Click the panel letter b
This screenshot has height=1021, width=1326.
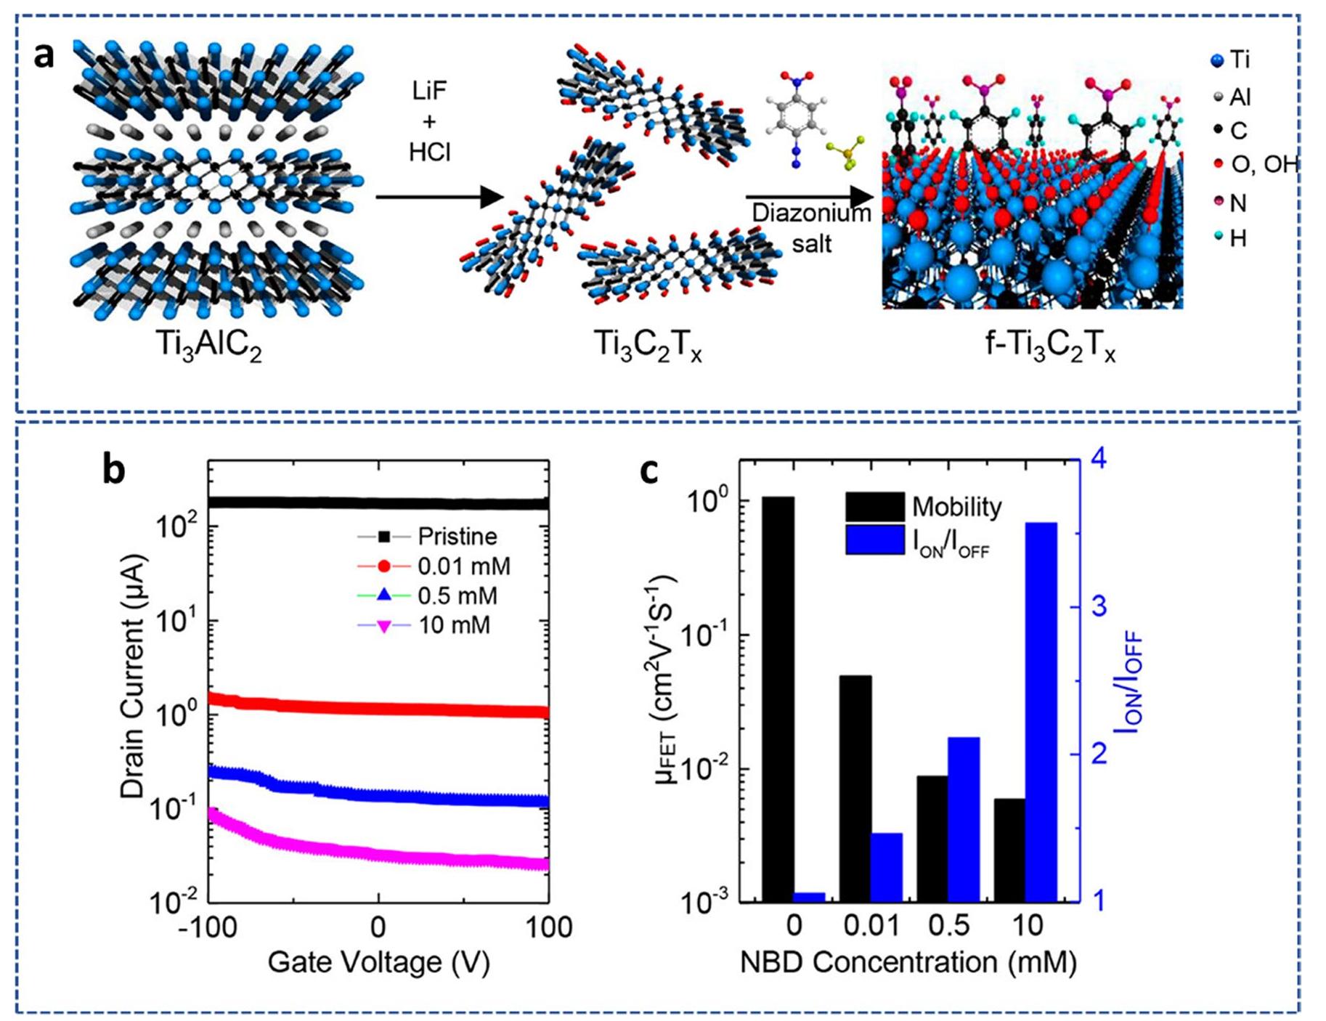tap(113, 470)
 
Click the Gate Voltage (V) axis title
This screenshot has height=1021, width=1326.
tap(378, 962)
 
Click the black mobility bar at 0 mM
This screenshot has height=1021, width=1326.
tap(778, 697)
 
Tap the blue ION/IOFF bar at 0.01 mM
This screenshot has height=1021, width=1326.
tap(886, 867)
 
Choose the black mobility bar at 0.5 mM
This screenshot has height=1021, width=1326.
tap(932, 839)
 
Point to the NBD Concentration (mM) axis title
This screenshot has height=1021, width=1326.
tap(908, 962)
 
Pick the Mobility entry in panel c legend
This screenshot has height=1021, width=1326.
tap(956, 506)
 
